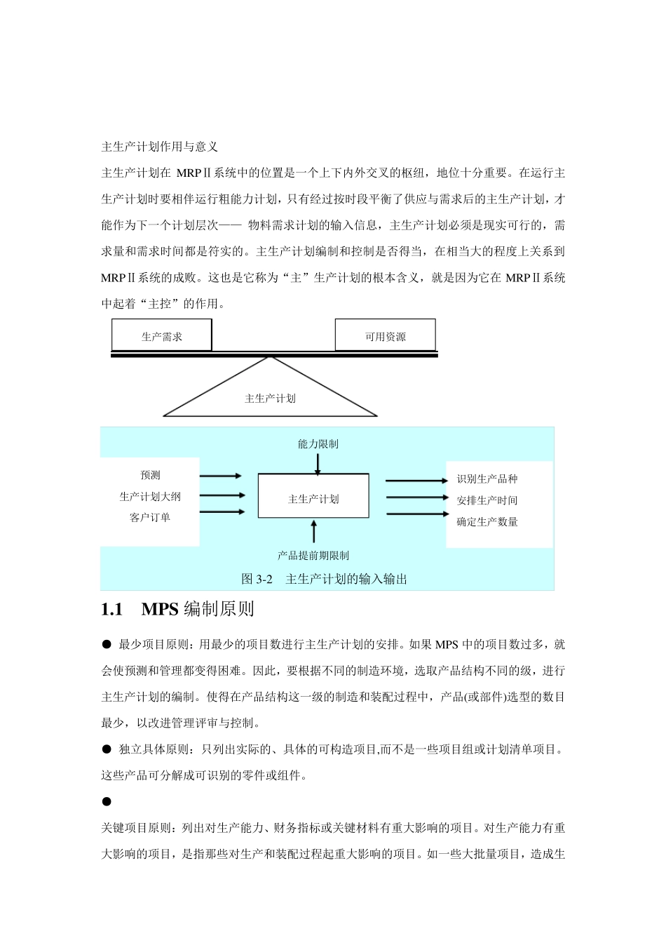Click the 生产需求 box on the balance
162,336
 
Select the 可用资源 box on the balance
385,336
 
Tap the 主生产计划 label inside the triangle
270,399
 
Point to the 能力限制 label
318,443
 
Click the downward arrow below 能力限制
318,464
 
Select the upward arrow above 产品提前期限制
313,531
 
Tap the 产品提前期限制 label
313,555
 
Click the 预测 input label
150,475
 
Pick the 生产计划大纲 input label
150,496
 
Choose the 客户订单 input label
150,517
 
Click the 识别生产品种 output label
487,479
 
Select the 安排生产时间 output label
487,500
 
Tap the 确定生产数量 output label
487,521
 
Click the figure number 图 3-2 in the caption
257,579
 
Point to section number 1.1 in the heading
112,609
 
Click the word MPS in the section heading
160,609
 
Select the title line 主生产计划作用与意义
160,147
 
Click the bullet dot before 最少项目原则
107,644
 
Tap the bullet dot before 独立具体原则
107,749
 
